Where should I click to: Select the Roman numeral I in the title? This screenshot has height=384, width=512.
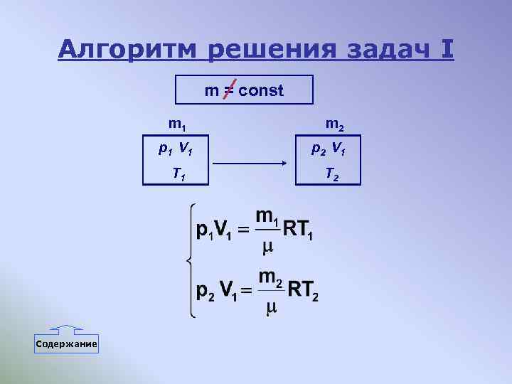447,50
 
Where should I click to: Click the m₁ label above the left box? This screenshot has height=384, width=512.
177,124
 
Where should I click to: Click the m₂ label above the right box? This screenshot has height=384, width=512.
335,124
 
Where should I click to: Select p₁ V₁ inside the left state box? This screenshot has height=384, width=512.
177,149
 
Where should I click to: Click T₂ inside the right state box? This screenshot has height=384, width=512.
331,173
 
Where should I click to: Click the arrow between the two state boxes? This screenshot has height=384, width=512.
249,164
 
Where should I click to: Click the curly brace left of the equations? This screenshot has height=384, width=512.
189,260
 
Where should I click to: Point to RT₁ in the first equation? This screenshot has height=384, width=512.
297,230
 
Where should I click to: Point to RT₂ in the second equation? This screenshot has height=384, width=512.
302,290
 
